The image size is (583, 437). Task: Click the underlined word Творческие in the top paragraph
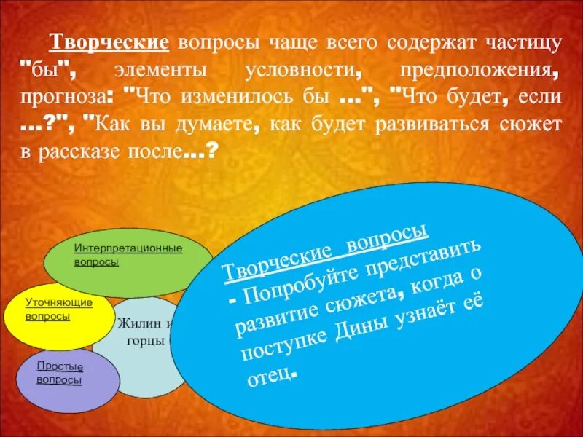109,42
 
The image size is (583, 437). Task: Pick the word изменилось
243,98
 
